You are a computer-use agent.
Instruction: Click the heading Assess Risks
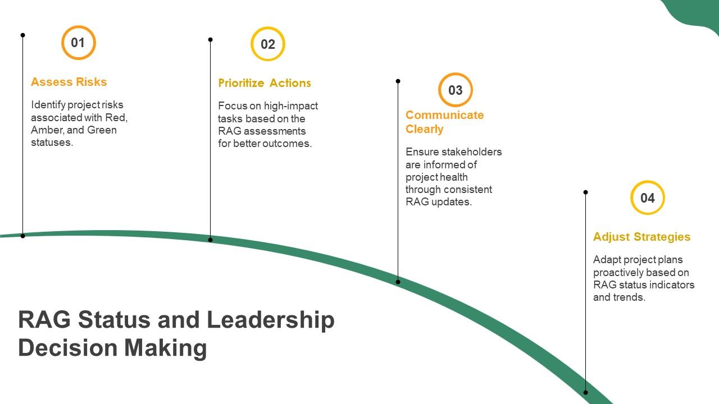pyautogui.click(x=69, y=82)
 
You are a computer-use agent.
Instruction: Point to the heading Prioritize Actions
pyautogui.click(x=265, y=83)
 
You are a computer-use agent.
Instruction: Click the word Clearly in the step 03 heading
pyautogui.click(x=424, y=129)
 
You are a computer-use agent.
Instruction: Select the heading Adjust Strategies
pyautogui.click(x=641, y=237)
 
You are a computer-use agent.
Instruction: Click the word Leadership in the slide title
pyautogui.click(x=271, y=320)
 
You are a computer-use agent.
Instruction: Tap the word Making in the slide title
pyautogui.click(x=165, y=348)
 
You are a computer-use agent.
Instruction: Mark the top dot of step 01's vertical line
pyautogui.click(x=23, y=35)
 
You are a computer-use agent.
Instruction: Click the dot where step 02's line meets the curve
pyautogui.click(x=210, y=240)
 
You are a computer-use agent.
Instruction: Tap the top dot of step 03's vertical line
pyautogui.click(x=398, y=81)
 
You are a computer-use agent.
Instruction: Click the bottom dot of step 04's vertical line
pyautogui.click(x=585, y=392)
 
